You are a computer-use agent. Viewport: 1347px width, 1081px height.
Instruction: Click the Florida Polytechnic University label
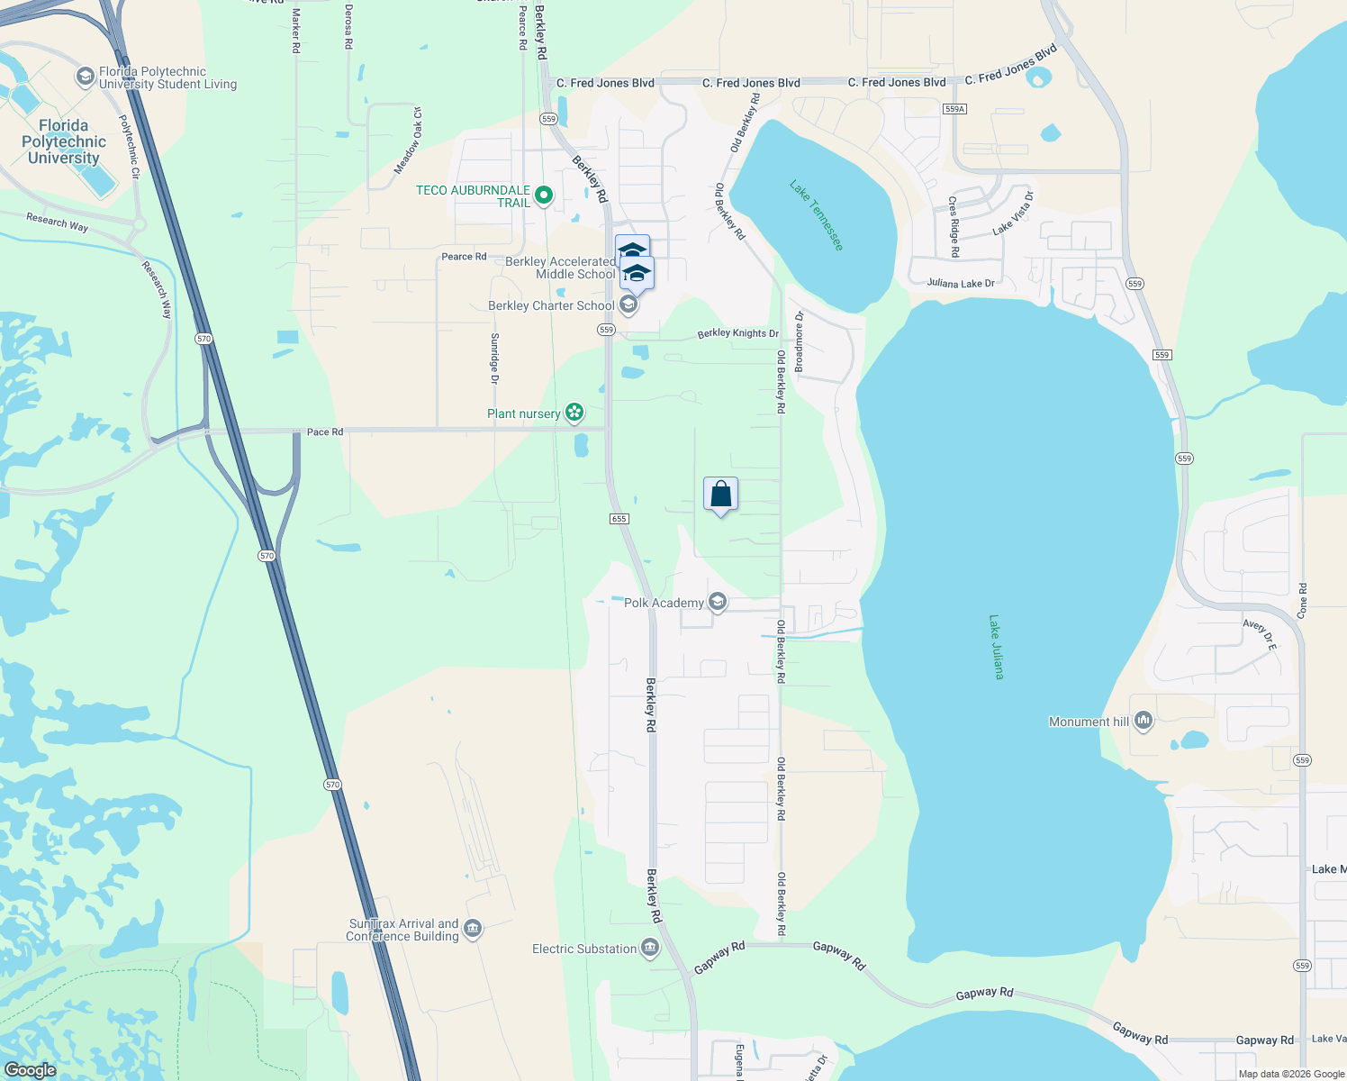coord(63,142)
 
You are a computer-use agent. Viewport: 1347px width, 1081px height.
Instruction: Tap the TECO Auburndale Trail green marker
coord(544,195)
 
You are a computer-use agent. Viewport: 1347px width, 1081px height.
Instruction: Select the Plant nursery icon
coord(574,413)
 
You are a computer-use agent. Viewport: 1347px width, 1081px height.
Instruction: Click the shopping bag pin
coord(720,495)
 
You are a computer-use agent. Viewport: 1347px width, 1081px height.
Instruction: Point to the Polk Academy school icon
coord(718,602)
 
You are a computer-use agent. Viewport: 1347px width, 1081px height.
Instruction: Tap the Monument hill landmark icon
coord(1144,721)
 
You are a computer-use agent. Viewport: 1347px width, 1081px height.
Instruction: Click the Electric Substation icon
coord(650,948)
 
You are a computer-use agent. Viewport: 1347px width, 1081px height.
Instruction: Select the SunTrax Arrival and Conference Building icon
coord(473,929)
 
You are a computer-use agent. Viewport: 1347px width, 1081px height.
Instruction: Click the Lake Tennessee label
coord(817,215)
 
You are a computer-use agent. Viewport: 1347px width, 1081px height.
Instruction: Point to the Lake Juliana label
coord(996,647)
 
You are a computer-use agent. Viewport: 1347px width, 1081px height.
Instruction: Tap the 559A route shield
coord(955,109)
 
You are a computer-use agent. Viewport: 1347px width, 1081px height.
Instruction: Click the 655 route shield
coord(619,519)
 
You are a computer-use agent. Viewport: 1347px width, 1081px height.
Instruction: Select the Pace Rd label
coord(324,432)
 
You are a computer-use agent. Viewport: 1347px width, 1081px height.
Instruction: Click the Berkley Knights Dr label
coord(737,333)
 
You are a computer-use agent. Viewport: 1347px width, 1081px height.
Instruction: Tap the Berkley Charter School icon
coord(628,305)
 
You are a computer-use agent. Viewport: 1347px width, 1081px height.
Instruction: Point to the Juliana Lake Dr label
coord(961,284)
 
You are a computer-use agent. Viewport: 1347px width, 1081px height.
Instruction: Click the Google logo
coord(31,1070)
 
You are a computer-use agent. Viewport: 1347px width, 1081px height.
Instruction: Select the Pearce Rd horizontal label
coord(464,257)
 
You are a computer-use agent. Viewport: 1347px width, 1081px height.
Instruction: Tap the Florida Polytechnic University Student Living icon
coord(85,77)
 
